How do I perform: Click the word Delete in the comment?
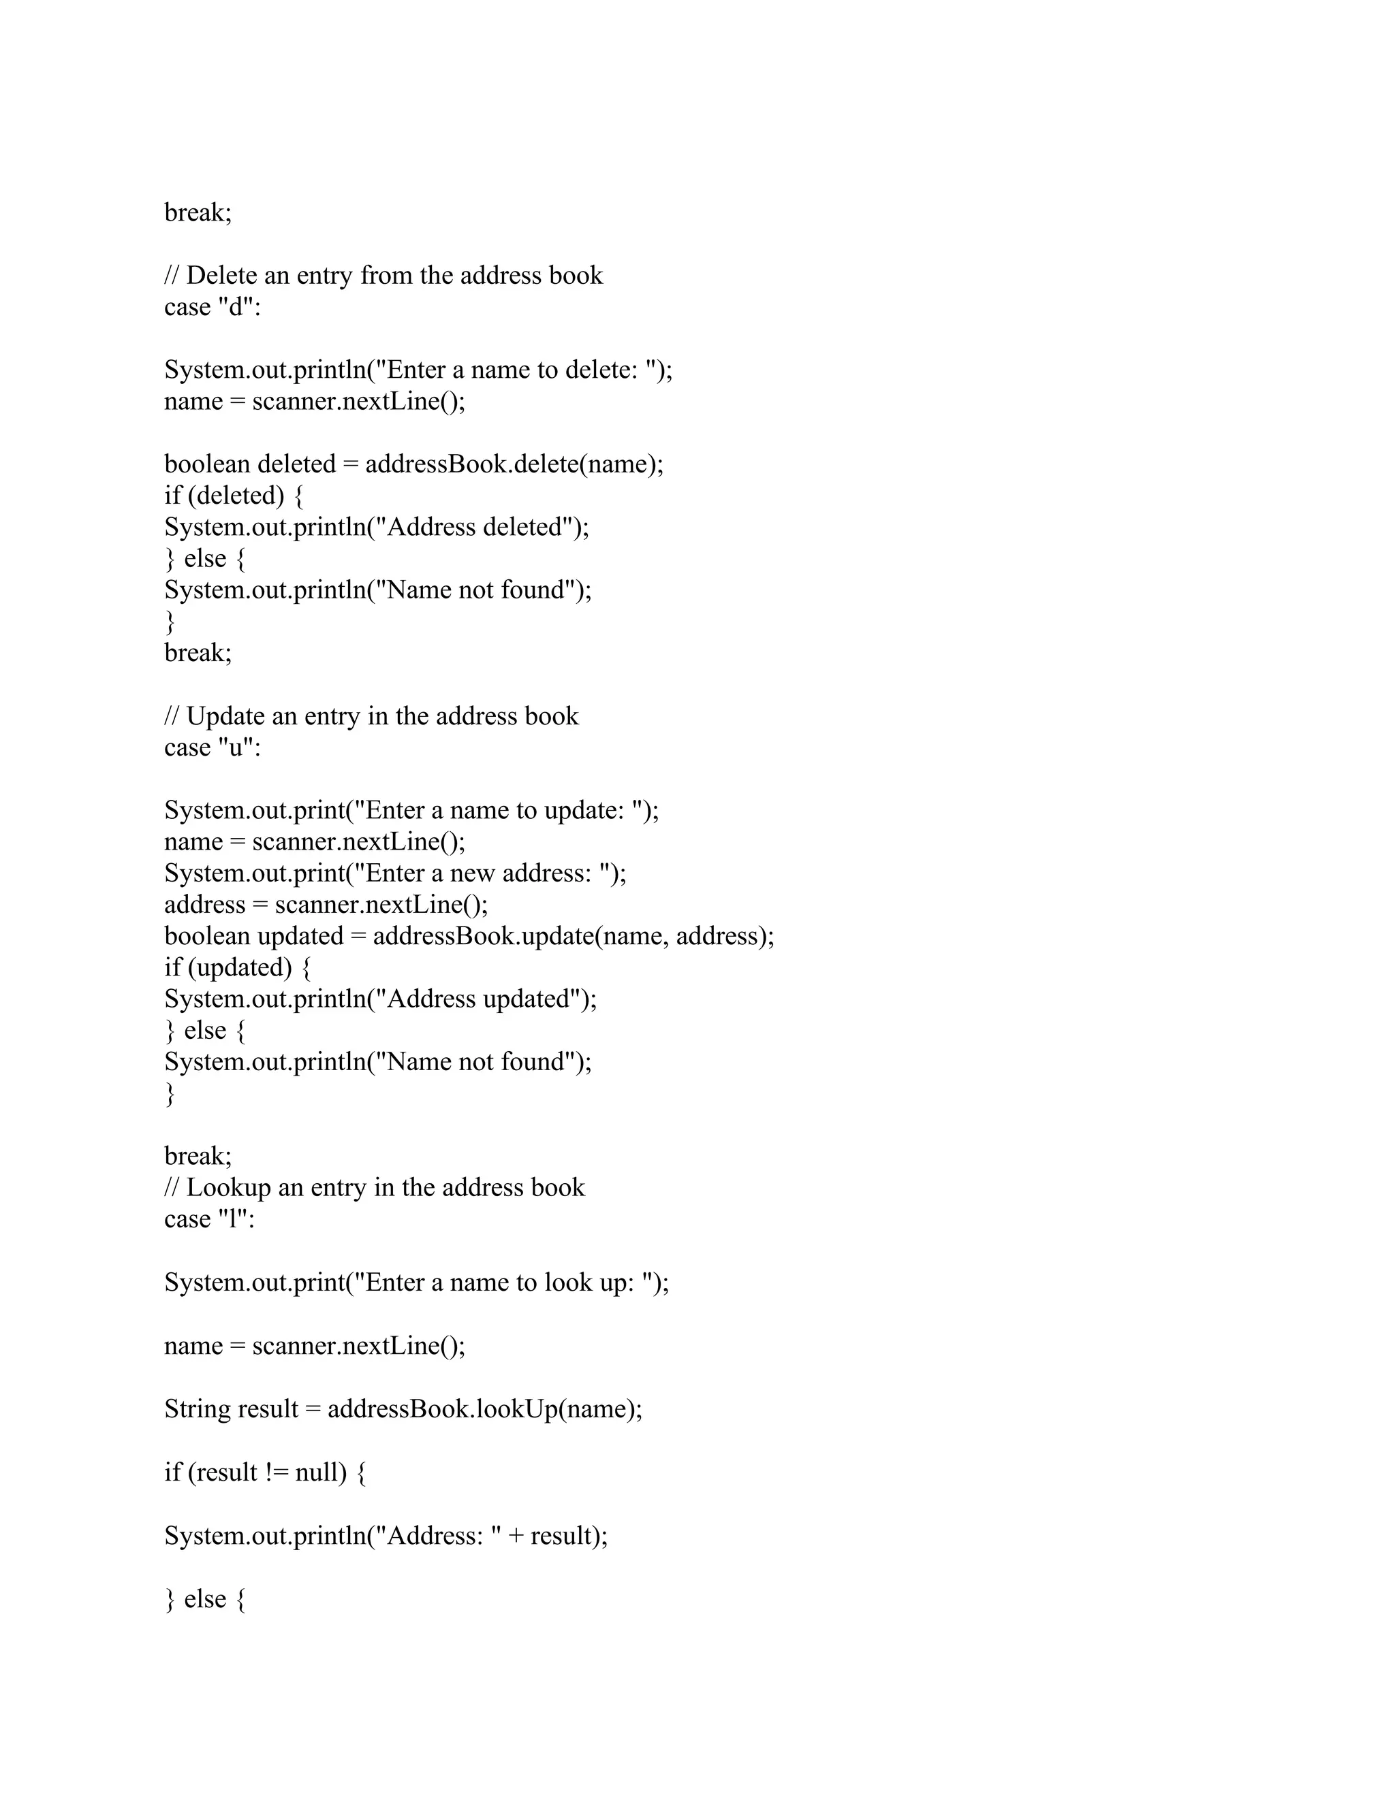tap(221, 276)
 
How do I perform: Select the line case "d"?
tap(213, 307)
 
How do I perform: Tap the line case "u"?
tap(213, 747)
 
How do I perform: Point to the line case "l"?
tap(209, 1219)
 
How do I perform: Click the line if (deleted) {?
tap(234, 496)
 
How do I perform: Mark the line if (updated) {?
tap(238, 967)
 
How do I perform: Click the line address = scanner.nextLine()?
tap(326, 905)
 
